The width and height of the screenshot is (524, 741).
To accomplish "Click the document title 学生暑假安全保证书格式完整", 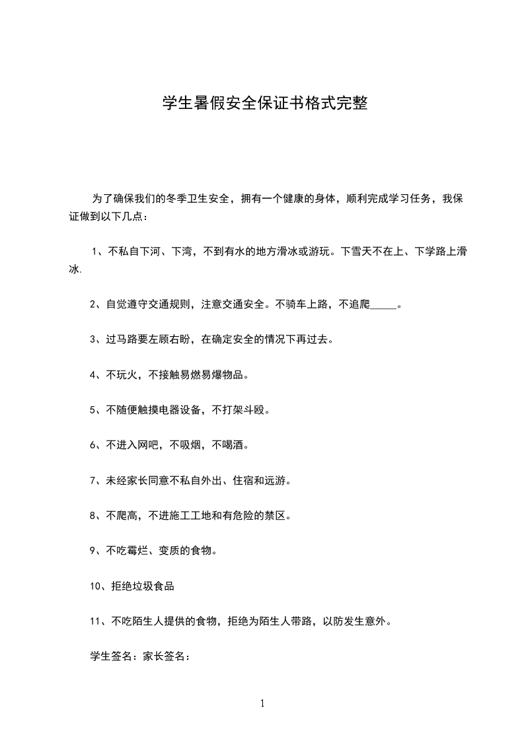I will pyautogui.click(x=264, y=104).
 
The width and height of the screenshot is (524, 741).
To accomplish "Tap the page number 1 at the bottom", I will pyautogui.click(x=262, y=703).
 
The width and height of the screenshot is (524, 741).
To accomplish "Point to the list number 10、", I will pyautogui.click(x=99, y=586).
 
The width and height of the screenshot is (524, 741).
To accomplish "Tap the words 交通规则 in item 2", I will pyautogui.click(x=169, y=305).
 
